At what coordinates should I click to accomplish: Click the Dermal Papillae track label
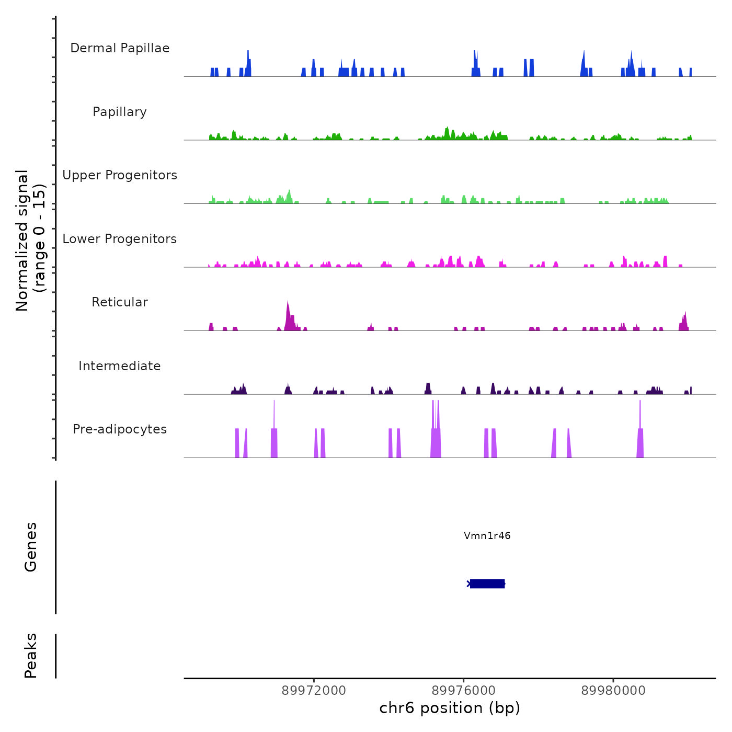pos(120,48)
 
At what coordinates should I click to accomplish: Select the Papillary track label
pos(120,112)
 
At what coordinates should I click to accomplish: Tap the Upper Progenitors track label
pos(120,175)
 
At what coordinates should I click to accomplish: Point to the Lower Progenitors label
pos(120,239)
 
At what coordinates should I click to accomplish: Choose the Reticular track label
pos(120,302)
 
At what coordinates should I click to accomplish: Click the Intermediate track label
pos(120,366)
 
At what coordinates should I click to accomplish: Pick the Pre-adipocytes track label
pos(120,429)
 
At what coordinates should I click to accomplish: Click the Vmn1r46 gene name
pos(487,535)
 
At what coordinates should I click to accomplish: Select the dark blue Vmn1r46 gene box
pos(487,584)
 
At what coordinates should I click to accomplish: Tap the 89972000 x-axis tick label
pos(314,691)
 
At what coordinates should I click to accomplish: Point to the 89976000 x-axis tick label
pos(464,691)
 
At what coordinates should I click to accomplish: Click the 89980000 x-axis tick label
pos(613,691)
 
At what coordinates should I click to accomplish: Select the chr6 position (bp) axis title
pos(450,708)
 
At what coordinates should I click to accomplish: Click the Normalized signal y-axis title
pos(30,240)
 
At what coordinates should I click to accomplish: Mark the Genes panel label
pos(31,547)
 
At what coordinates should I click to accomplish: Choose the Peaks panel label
pos(31,656)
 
